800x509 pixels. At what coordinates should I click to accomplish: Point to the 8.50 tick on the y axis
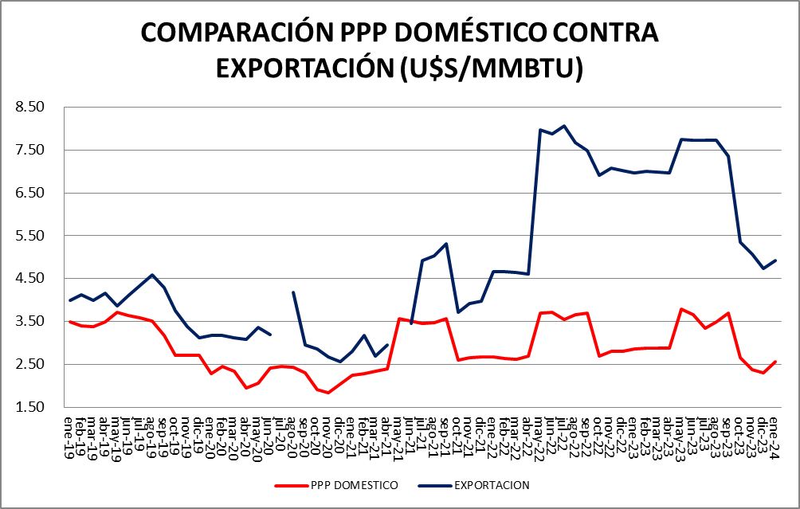(36, 107)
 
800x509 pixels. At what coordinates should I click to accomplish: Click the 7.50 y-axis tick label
(36, 150)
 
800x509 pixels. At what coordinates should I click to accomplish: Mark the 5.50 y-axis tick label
(36, 236)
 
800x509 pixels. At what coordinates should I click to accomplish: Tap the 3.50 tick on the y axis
(36, 321)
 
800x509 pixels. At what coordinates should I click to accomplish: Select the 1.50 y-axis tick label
(36, 407)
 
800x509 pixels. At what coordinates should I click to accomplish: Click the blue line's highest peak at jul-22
(563, 126)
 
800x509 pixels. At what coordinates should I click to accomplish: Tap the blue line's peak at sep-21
(446, 244)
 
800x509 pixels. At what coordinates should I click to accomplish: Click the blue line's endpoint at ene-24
(775, 260)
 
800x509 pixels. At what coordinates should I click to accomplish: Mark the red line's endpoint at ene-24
(775, 362)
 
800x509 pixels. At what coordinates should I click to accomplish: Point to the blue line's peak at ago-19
(152, 275)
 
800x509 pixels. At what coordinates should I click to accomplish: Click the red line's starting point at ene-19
(70, 322)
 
